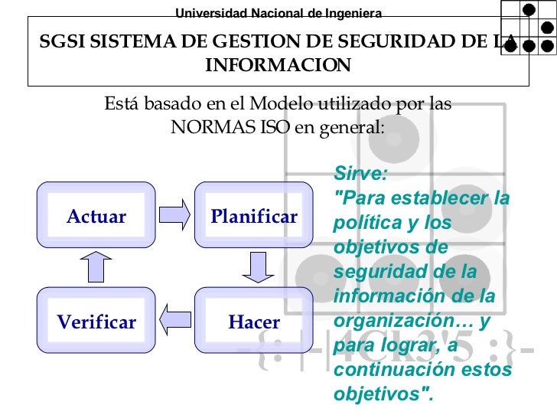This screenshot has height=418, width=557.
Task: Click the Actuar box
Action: click(x=96, y=216)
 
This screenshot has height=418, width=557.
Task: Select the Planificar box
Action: click(x=254, y=216)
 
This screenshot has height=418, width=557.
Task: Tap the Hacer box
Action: click(x=254, y=322)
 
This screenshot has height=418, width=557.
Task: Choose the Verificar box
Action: click(x=96, y=322)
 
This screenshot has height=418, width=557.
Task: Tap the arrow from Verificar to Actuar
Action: click(x=96, y=267)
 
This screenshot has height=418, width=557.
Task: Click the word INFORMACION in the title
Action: click(x=278, y=66)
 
